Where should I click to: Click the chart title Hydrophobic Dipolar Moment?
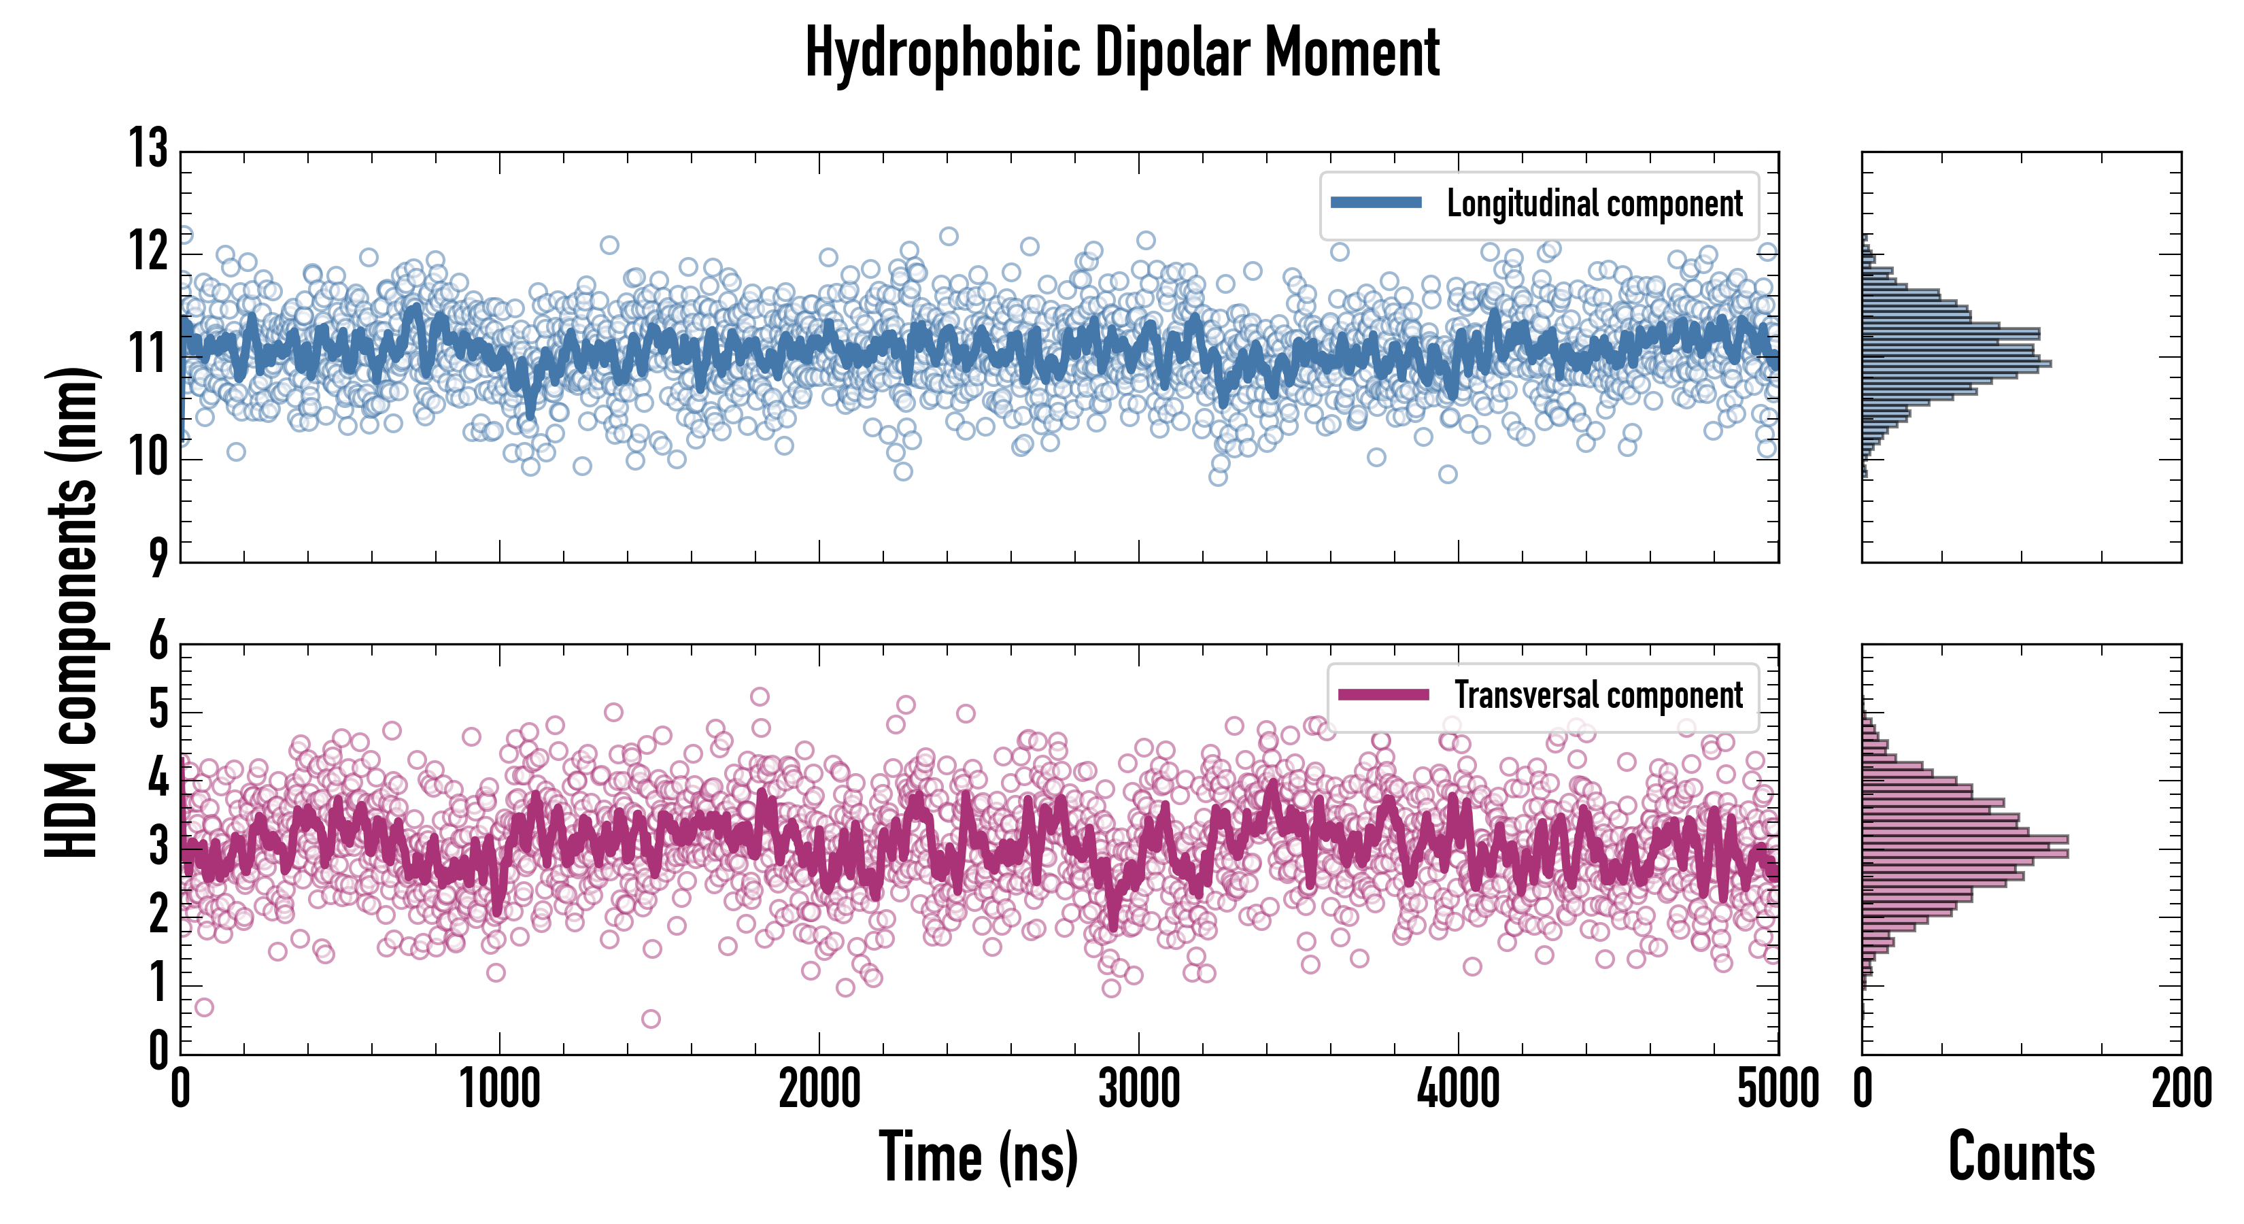pos(1122,54)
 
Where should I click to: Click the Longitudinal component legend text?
pos(1594,204)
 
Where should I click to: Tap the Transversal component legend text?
pos(1599,695)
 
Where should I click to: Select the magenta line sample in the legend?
pos(1383,694)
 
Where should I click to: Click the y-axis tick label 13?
pos(148,149)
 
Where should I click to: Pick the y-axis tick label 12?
pos(148,253)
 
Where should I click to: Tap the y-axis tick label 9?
pos(157,558)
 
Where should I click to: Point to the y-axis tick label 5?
pos(158,710)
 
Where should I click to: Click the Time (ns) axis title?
pos(979,1157)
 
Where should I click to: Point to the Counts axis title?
pos(2021,1157)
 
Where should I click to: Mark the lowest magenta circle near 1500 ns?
pos(650,1019)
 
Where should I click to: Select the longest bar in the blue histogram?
pos(1956,363)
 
